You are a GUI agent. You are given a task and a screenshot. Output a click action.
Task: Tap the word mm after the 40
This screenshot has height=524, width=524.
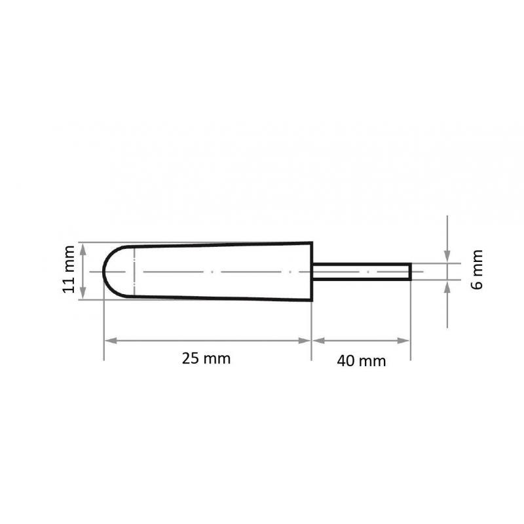(x=373, y=360)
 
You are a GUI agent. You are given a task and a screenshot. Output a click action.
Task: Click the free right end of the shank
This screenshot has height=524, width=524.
(x=410, y=271)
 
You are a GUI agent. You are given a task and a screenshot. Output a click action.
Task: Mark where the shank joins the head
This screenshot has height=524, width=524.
(x=312, y=271)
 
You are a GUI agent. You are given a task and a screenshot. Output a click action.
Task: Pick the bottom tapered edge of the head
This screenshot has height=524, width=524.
(x=223, y=299)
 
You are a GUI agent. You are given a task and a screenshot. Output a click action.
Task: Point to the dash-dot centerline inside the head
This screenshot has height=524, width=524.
(x=216, y=271)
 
